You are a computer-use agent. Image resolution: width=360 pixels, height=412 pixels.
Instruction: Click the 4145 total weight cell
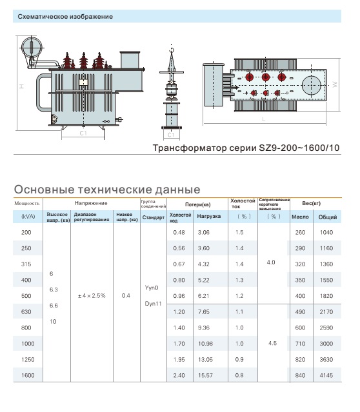[326, 375]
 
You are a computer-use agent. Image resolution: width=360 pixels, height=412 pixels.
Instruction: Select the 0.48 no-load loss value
[179, 233]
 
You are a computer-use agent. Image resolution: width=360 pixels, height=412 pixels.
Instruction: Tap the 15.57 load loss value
[205, 375]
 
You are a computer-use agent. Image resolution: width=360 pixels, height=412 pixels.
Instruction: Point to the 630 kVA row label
[26, 312]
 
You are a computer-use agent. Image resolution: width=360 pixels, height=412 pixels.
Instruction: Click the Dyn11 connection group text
[153, 304]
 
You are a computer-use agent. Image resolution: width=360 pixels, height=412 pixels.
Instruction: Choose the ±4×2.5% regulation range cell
[92, 296]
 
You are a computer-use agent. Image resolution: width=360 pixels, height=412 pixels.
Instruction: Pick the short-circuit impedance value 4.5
[272, 344]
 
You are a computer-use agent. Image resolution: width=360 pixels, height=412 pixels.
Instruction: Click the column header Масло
[300, 217]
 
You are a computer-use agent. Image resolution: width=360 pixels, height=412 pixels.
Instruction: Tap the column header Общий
[328, 217]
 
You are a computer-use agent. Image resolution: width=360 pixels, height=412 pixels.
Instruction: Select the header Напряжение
[91, 203]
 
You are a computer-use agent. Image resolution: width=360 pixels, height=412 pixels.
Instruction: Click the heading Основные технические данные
[107, 190]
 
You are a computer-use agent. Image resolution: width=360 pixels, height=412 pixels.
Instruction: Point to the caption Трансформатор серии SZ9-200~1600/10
[246, 148]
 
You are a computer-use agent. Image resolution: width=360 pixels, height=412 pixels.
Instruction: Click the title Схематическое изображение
[65, 17]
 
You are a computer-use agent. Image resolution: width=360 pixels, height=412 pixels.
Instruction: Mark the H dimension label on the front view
[22, 86]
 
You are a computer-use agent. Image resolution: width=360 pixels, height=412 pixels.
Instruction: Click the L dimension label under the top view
[264, 119]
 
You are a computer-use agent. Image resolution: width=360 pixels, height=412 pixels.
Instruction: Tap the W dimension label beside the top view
[335, 84]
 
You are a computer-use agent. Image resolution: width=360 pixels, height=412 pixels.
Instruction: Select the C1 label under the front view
[83, 133]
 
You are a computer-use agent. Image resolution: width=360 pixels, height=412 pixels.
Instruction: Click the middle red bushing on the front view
[84, 61]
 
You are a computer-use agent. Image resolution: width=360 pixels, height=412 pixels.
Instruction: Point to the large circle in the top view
[312, 85]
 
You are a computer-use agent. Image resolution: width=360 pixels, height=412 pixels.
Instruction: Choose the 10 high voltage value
[53, 322]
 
